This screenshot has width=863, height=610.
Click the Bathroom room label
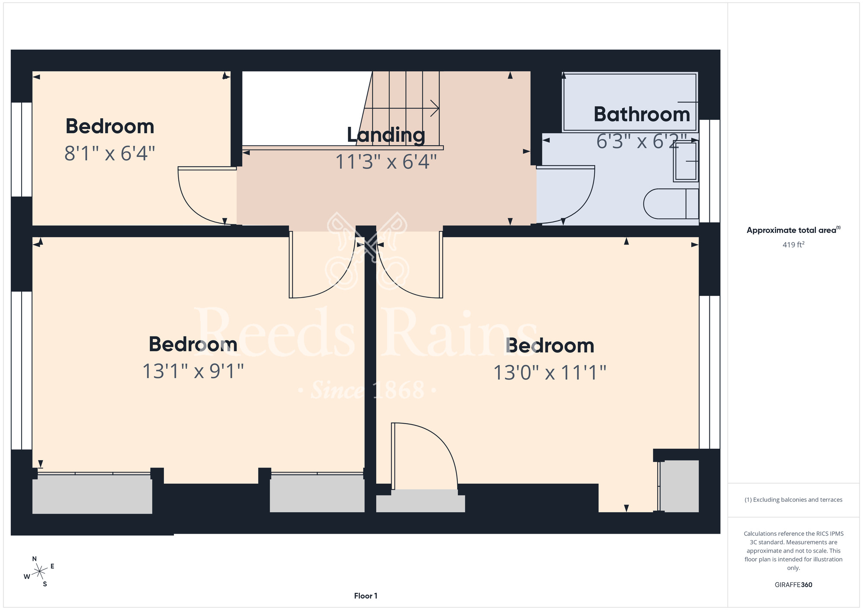click(642, 114)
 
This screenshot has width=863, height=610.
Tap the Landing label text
click(386, 135)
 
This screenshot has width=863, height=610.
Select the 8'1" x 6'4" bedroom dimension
click(110, 153)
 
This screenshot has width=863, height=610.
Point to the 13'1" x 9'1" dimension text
click(193, 371)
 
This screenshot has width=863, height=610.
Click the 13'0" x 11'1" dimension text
click(550, 373)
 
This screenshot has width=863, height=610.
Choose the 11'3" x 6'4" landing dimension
click(386, 162)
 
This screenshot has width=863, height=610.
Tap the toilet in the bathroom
click(671, 204)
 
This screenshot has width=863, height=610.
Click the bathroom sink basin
click(686, 161)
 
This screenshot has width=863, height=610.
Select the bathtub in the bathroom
click(630, 102)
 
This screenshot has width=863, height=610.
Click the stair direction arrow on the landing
click(402, 108)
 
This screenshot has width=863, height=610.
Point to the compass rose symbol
click(39, 572)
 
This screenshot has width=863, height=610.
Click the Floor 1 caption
click(365, 596)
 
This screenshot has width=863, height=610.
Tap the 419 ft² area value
click(794, 245)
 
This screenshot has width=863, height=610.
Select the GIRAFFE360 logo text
click(794, 585)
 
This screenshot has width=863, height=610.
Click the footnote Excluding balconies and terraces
click(794, 500)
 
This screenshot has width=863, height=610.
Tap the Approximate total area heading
click(794, 230)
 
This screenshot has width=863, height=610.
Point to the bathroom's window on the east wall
click(709, 171)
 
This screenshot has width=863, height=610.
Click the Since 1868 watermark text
click(367, 390)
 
